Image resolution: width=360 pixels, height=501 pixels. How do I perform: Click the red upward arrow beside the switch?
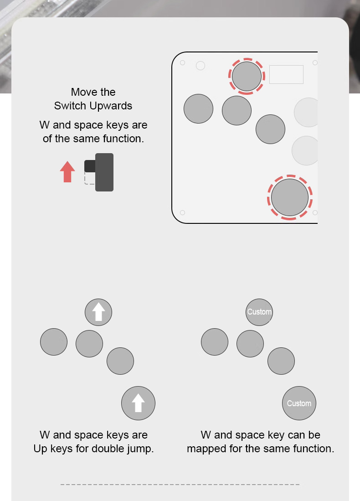(67, 171)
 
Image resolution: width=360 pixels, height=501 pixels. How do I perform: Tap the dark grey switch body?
(104, 172)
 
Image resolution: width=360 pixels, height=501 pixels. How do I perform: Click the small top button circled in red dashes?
(247, 77)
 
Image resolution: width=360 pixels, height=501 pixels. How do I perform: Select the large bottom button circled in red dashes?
(290, 197)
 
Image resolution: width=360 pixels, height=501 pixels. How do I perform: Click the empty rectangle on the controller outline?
(286, 74)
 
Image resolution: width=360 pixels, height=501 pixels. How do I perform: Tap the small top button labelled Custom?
(259, 312)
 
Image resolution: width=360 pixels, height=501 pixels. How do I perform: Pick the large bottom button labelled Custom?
(299, 403)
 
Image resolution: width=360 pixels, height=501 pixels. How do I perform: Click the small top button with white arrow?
(98, 312)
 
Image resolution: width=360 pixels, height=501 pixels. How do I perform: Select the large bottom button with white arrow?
(139, 403)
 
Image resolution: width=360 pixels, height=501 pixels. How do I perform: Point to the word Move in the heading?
(82, 92)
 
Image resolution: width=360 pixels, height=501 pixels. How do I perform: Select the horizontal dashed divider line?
(180, 485)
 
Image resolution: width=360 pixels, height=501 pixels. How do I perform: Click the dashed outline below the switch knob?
(89, 178)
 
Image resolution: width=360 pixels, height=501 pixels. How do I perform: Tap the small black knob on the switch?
(90, 166)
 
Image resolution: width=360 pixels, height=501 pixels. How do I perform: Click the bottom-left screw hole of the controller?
(182, 213)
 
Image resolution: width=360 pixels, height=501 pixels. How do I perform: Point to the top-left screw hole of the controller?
(182, 62)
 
